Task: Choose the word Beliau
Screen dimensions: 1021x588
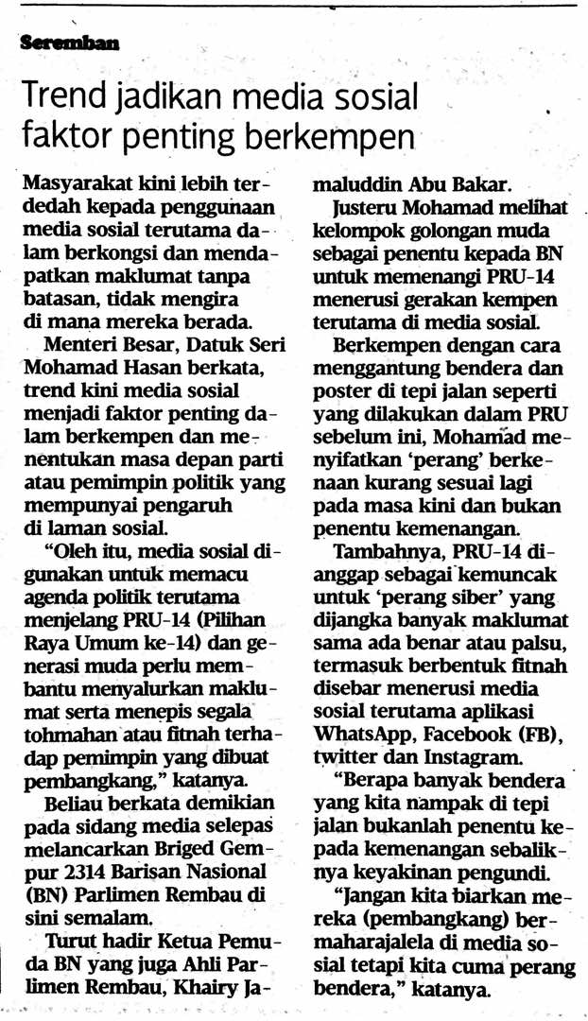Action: pyautogui.click(x=77, y=805)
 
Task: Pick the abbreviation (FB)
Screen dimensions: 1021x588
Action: pyautogui.click(x=540, y=735)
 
